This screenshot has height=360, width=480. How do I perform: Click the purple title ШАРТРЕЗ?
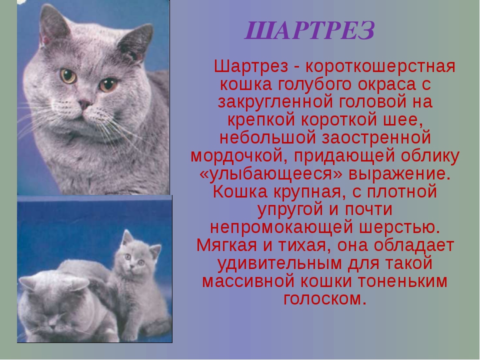click(309, 30)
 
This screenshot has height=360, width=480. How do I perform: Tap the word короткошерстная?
click(380, 66)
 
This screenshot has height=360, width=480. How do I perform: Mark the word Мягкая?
click(226, 245)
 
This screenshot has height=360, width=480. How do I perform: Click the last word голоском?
click(325, 298)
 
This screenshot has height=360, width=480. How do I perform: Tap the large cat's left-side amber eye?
click(68, 76)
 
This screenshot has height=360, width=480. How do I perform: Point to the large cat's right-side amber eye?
click(108, 85)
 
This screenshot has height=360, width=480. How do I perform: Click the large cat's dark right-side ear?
click(136, 42)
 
